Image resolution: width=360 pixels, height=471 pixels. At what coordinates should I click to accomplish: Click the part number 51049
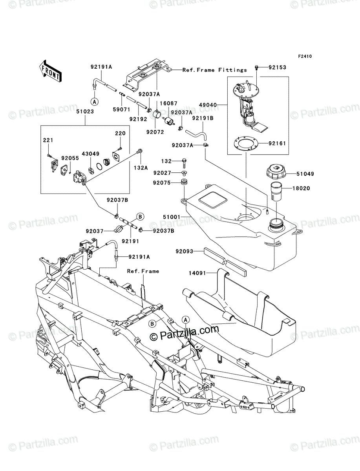305,173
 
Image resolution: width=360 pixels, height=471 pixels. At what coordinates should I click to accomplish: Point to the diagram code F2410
305,57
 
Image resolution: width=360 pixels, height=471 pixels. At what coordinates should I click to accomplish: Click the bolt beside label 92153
257,68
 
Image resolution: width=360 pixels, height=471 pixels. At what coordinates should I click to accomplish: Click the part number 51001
172,217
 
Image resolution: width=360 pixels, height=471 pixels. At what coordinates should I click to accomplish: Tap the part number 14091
197,273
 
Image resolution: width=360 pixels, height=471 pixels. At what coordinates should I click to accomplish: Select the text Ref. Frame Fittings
214,70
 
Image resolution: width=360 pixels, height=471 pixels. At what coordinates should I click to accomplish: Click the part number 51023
85,111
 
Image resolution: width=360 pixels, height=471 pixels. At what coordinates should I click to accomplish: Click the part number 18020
301,188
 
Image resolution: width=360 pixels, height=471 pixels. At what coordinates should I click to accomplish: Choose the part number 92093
185,251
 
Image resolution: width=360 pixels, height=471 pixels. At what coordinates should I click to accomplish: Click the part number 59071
122,110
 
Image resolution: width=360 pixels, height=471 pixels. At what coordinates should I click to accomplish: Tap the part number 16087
169,103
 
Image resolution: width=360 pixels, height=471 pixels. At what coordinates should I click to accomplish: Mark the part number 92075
162,183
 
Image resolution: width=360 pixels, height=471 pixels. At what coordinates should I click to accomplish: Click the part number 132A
141,168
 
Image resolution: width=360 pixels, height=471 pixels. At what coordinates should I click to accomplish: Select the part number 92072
155,132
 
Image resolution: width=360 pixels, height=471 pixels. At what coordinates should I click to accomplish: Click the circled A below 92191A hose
94,102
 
